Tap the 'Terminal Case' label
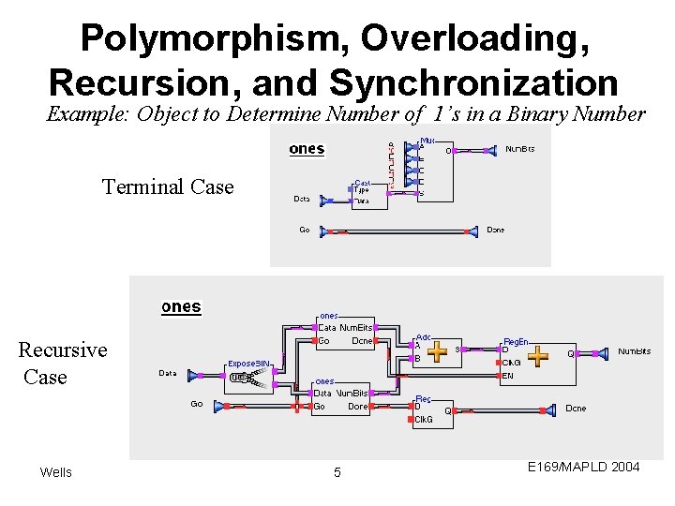[x=168, y=186]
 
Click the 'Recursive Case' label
[x=62, y=363]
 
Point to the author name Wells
[x=55, y=471]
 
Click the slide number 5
[x=337, y=472]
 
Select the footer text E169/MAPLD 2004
[x=583, y=467]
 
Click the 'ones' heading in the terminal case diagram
[x=307, y=149]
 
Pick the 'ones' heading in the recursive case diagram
[x=181, y=306]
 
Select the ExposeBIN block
[x=250, y=374]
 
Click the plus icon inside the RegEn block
[x=538, y=356]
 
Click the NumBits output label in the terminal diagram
[x=520, y=149]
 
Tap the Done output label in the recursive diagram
[x=576, y=409]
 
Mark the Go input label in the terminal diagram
[x=304, y=230]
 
